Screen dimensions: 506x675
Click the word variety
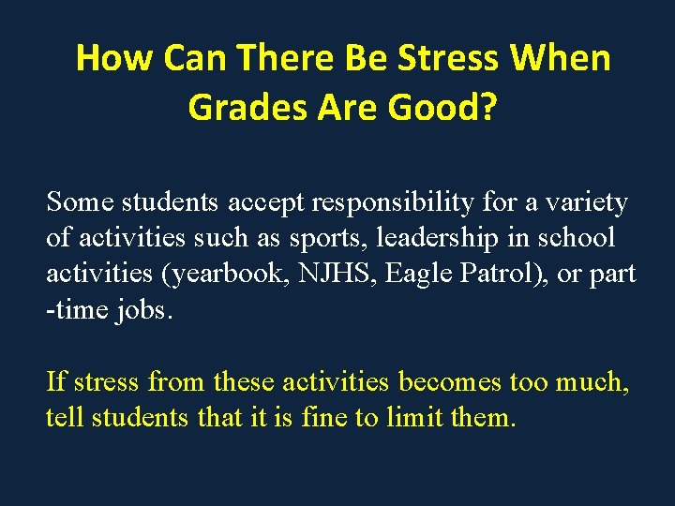[588, 201]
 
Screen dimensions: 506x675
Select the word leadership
[437, 238]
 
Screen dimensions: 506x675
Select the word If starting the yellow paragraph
[55, 381]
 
